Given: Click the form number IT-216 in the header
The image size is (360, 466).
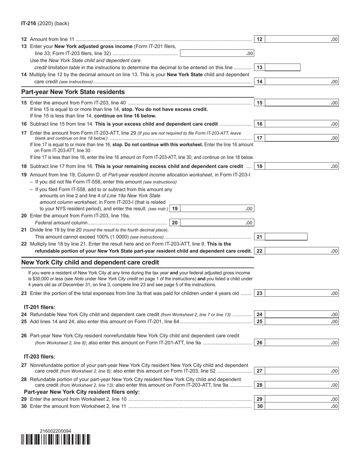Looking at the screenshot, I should (29, 23).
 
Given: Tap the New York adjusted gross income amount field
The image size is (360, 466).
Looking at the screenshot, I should (217, 53).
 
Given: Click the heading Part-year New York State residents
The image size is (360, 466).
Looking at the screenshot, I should (73, 92).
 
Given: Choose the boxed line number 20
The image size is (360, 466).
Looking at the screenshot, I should (175, 223).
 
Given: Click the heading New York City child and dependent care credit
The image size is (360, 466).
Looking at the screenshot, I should (90, 262).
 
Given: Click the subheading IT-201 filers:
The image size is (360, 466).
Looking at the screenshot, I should (39, 307).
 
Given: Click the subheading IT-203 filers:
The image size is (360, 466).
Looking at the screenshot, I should (39, 357).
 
